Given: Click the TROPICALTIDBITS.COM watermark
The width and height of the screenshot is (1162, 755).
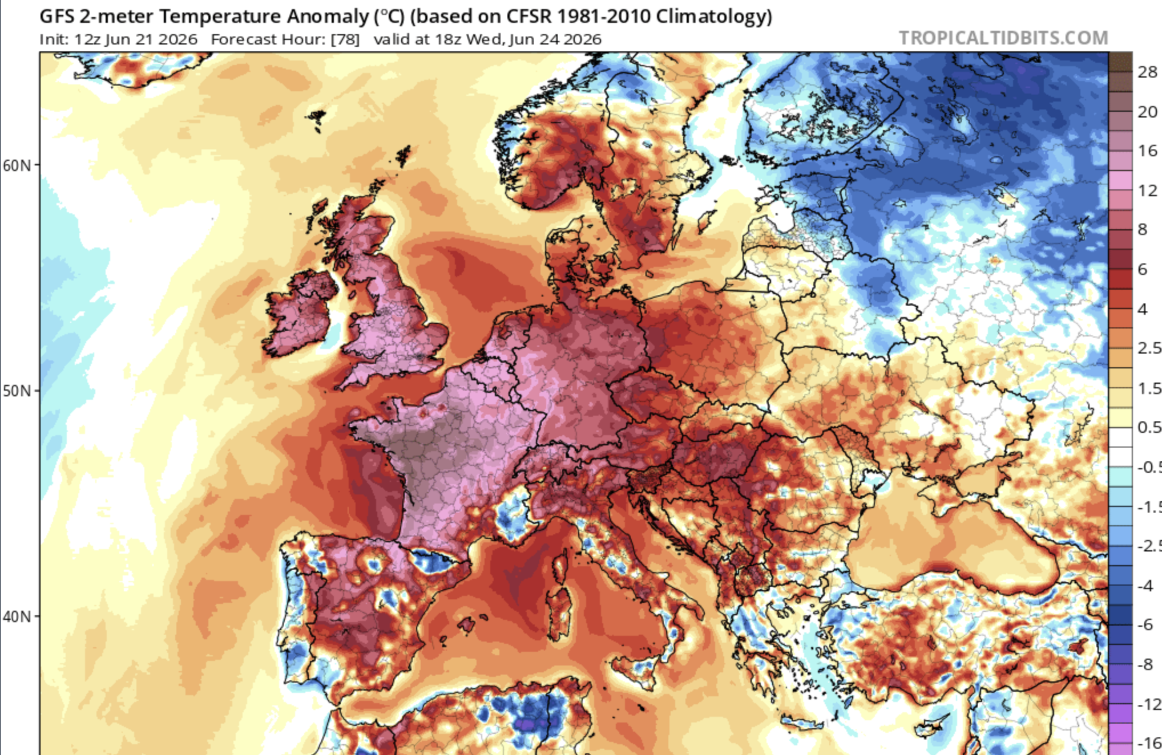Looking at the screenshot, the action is point(1003,38).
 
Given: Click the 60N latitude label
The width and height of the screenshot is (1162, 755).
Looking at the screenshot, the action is point(18,165).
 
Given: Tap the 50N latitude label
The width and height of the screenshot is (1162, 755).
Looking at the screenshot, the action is point(18,391).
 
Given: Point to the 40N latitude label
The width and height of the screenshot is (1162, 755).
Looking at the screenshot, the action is point(18,616).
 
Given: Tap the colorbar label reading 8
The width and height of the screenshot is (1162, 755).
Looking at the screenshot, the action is point(1142,229).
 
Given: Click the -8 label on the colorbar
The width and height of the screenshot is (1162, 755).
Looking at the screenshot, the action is point(1144,665).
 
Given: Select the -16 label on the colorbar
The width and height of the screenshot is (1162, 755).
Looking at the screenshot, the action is point(1148,744).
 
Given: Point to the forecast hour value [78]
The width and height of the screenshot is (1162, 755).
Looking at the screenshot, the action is point(345,39).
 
